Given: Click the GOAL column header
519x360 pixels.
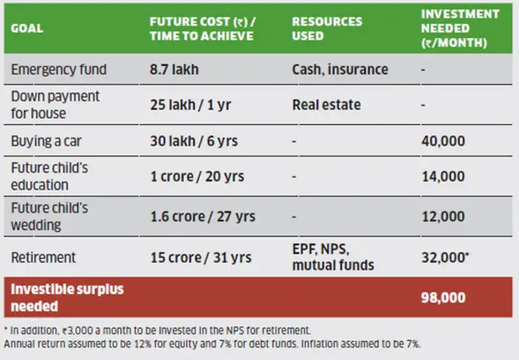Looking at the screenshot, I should click(27, 29).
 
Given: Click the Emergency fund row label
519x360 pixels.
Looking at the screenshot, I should click(59, 70).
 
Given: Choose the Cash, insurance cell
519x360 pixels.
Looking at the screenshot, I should click(340, 70).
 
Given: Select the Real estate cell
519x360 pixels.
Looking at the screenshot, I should click(326, 104).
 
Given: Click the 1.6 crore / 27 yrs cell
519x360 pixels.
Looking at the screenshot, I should click(202, 216).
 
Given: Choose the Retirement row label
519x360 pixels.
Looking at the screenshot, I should click(43, 257).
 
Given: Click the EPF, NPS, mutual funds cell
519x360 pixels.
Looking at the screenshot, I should click(332, 257).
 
